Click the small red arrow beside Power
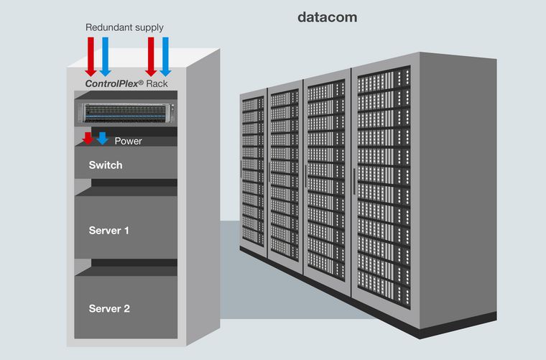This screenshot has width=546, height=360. click(x=88, y=138)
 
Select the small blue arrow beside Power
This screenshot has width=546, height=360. click(x=103, y=138)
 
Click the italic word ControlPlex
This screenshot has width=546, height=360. click(x=114, y=83)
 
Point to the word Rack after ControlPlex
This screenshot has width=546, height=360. click(x=157, y=83)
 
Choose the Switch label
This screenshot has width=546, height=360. click(x=106, y=165)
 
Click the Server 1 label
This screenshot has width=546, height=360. click(x=109, y=231)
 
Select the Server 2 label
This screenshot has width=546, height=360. click(x=109, y=309)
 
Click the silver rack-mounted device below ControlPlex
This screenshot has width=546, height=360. click(x=126, y=112)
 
